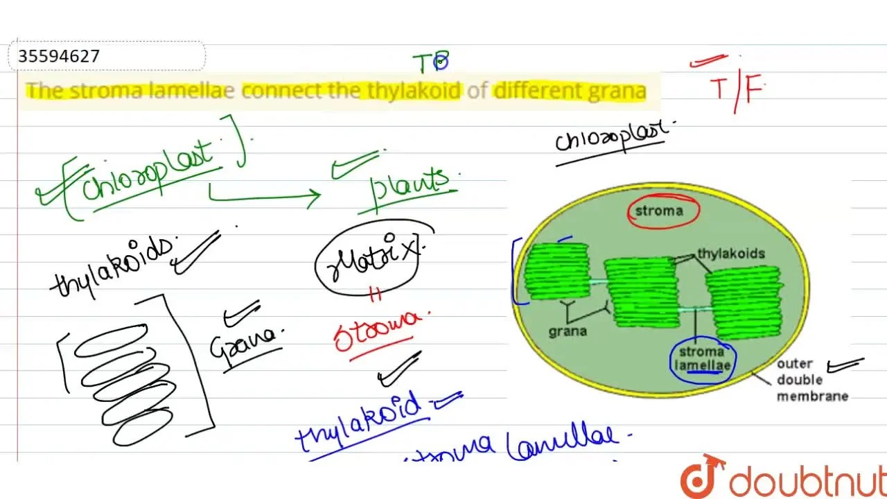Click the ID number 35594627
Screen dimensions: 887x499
click(x=60, y=56)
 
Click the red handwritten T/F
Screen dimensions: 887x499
click(x=736, y=88)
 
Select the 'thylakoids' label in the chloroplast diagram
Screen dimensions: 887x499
click(x=730, y=253)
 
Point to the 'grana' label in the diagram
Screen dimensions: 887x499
click(x=568, y=331)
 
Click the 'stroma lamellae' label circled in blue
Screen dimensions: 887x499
click(x=704, y=358)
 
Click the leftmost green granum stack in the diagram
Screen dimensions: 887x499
click(x=556, y=271)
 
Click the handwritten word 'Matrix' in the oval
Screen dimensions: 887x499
click(x=370, y=259)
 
